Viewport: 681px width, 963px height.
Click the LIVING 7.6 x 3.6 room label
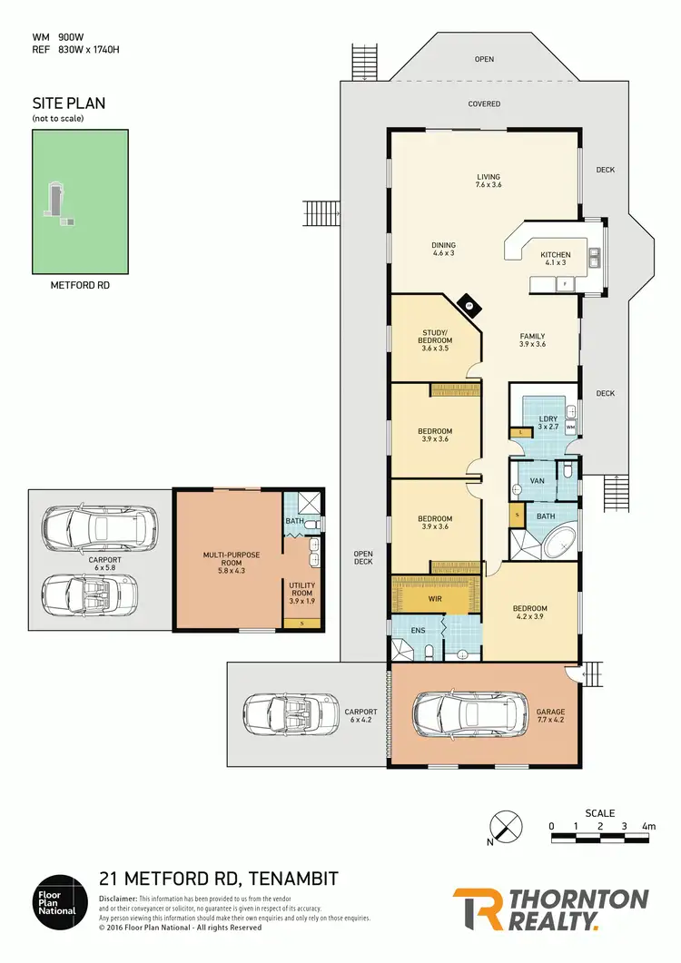pyautogui.click(x=489, y=181)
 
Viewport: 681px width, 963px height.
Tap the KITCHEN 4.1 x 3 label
pyautogui.click(x=555, y=259)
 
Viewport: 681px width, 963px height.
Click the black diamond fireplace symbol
pyautogui.click(x=469, y=307)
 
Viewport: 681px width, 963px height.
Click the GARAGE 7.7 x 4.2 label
pyautogui.click(x=550, y=716)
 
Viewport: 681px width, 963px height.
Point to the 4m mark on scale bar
pyautogui.click(x=648, y=827)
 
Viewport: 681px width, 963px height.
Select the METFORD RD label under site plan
pyautogui.click(x=80, y=284)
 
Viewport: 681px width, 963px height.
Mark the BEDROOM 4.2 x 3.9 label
pyautogui.click(x=528, y=614)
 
